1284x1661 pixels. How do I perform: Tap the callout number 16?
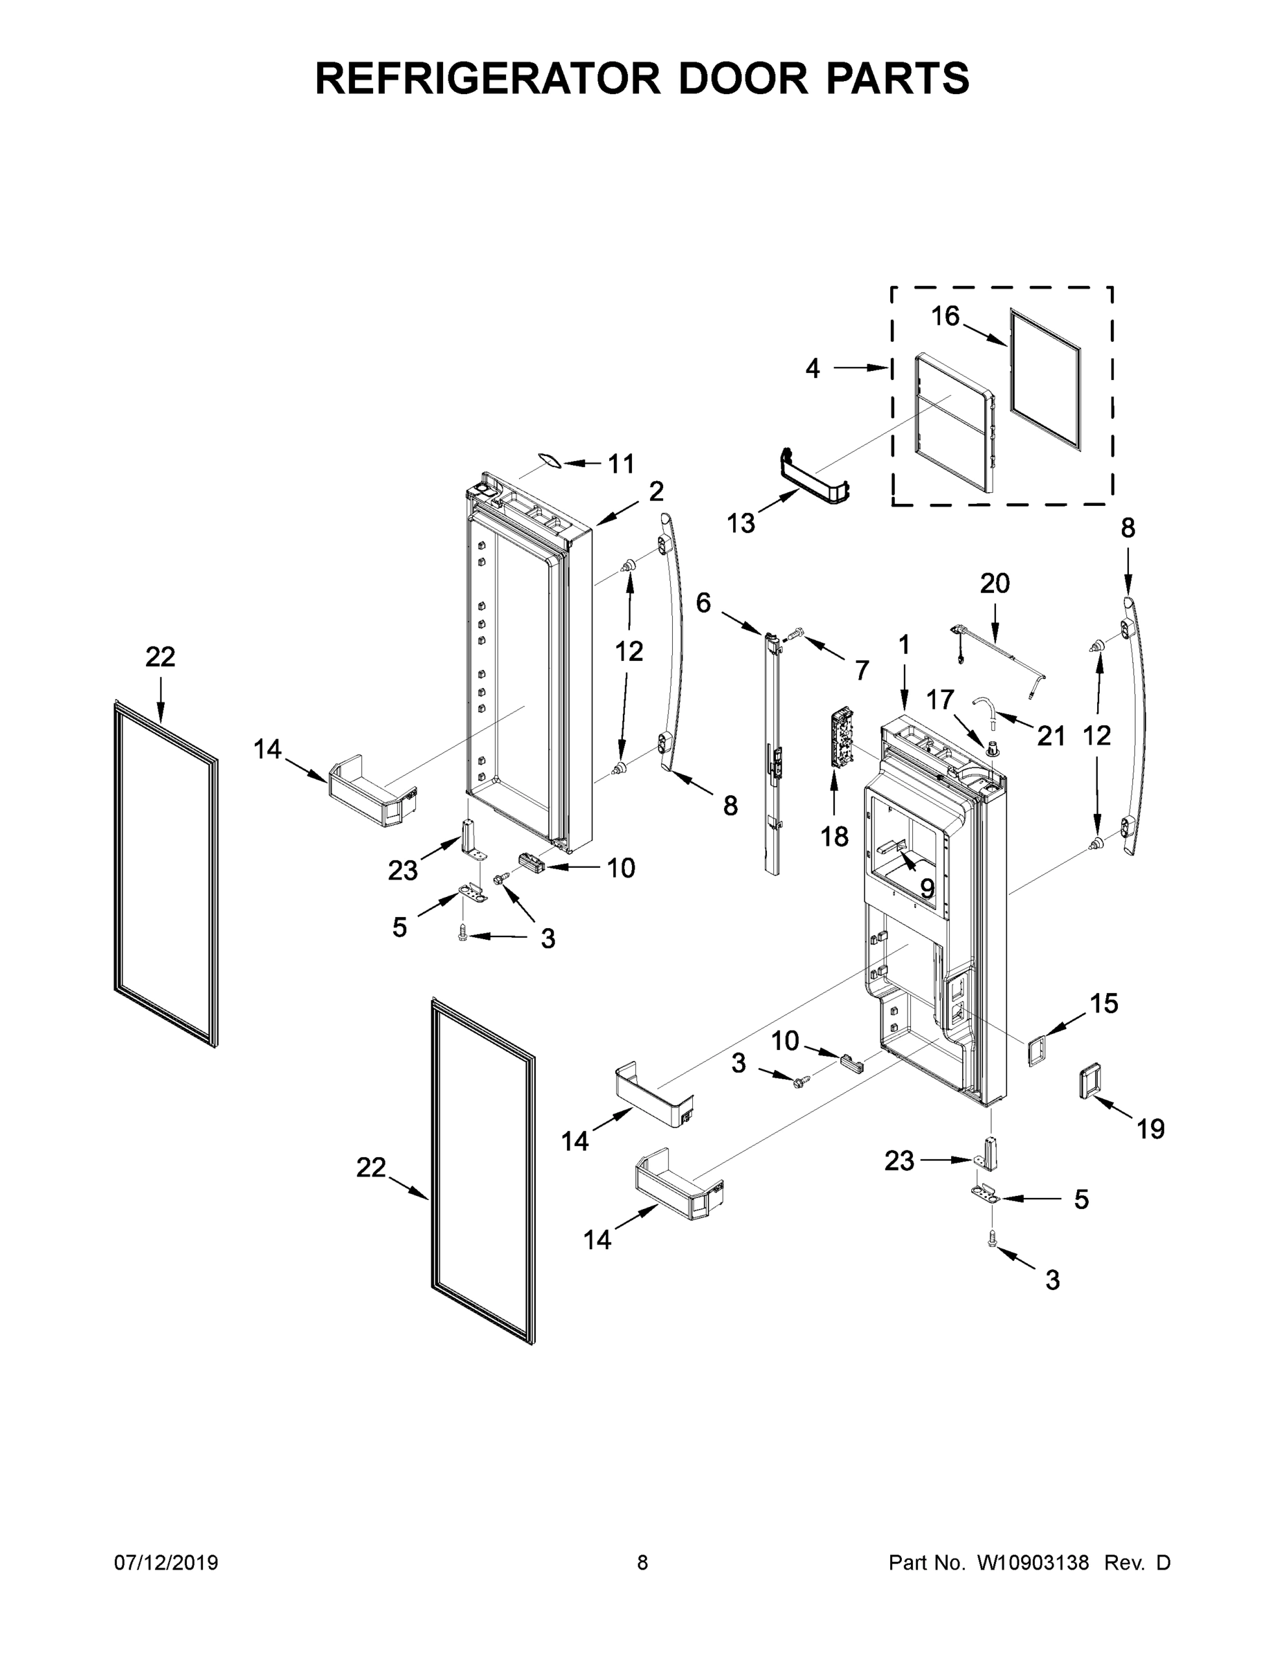pyautogui.click(x=946, y=316)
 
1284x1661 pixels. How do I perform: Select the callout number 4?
pyautogui.click(x=813, y=369)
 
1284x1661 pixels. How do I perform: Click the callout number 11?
pyautogui.click(x=622, y=463)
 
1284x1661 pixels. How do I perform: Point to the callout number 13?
pyautogui.click(x=741, y=523)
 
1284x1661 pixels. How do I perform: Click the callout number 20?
pyautogui.click(x=994, y=583)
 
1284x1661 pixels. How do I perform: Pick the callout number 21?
pyautogui.click(x=1051, y=736)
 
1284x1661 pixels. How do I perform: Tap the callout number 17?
pyautogui.click(x=939, y=699)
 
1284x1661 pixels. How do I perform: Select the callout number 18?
pyautogui.click(x=835, y=837)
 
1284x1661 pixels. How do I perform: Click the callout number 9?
pyautogui.click(x=927, y=887)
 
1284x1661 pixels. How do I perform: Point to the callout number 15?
pyautogui.click(x=1104, y=1004)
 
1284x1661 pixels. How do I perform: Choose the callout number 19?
pyautogui.click(x=1150, y=1129)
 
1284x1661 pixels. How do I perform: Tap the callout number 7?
pyautogui.click(x=861, y=670)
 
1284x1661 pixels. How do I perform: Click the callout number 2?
pyautogui.click(x=655, y=491)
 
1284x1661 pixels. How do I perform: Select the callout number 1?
pyautogui.click(x=904, y=645)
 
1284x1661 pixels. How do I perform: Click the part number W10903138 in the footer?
pyautogui.click(x=1032, y=1563)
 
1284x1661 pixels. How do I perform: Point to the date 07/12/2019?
pyautogui.click(x=166, y=1563)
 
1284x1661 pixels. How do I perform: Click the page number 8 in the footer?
pyautogui.click(x=642, y=1563)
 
